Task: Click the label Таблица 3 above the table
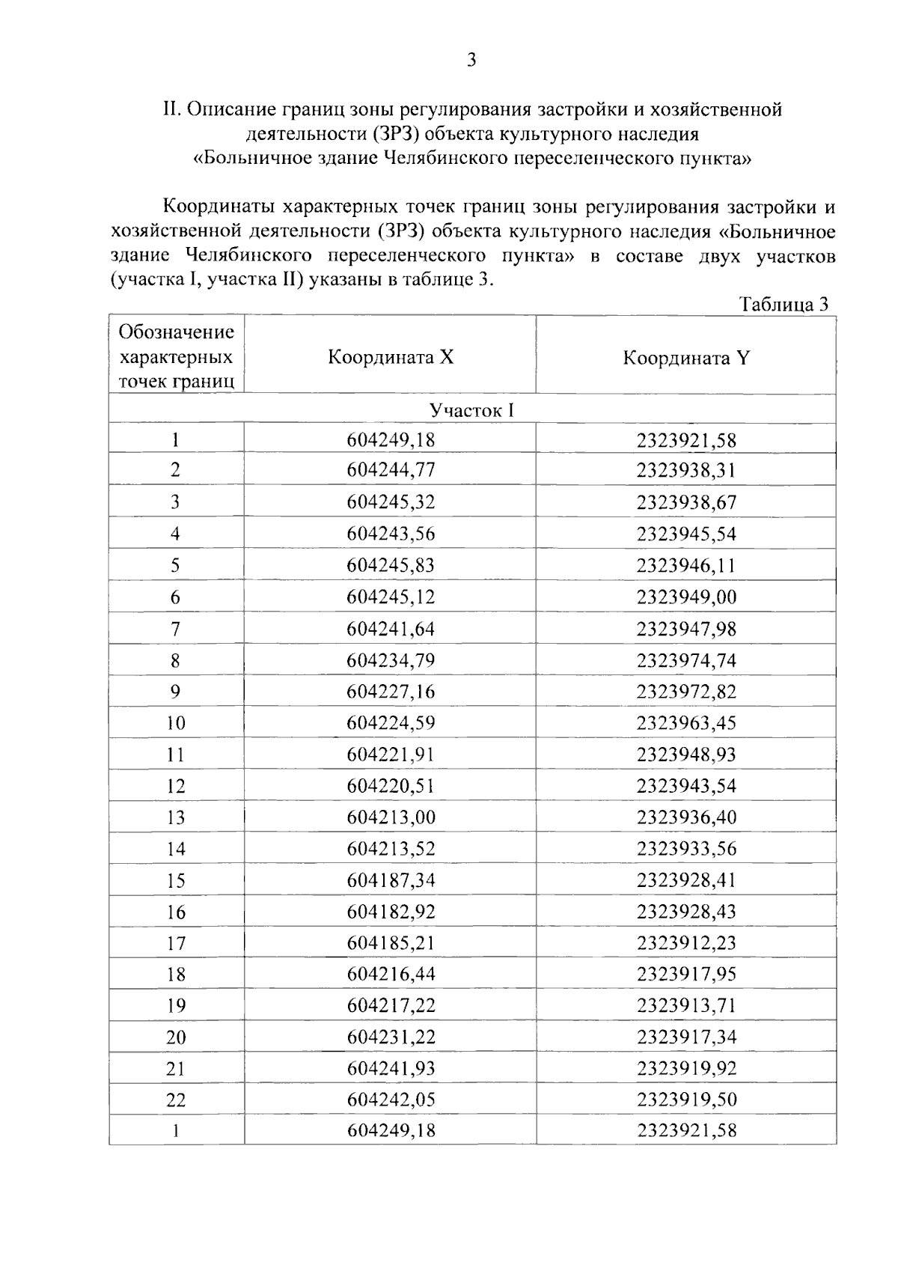[x=784, y=305]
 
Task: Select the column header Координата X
[x=391, y=357]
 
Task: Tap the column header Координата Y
[x=686, y=358]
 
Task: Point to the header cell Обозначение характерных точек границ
[x=177, y=356]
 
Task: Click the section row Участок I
[x=471, y=410]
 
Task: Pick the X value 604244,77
[x=391, y=470]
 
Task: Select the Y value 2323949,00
[x=686, y=597]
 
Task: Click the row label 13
[x=175, y=817]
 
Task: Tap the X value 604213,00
[x=391, y=817]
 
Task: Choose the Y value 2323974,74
[x=686, y=660]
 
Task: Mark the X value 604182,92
[x=391, y=912]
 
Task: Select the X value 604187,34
[x=391, y=880]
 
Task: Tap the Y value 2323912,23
[x=686, y=943]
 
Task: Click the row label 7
[x=175, y=629]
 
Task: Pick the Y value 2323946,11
[x=686, y=565]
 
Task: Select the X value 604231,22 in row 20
[x=391, y=1037]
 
